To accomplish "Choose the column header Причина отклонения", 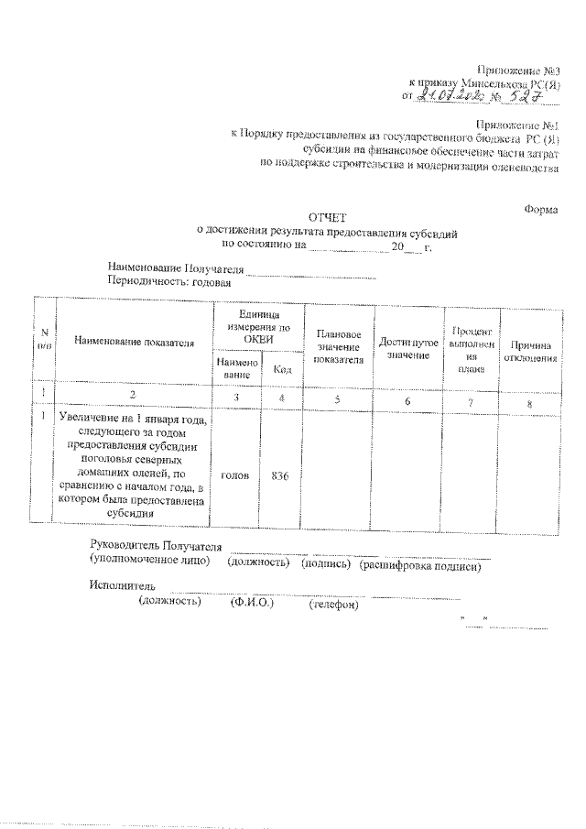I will [530, 351].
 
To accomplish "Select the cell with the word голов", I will [238, 476].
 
